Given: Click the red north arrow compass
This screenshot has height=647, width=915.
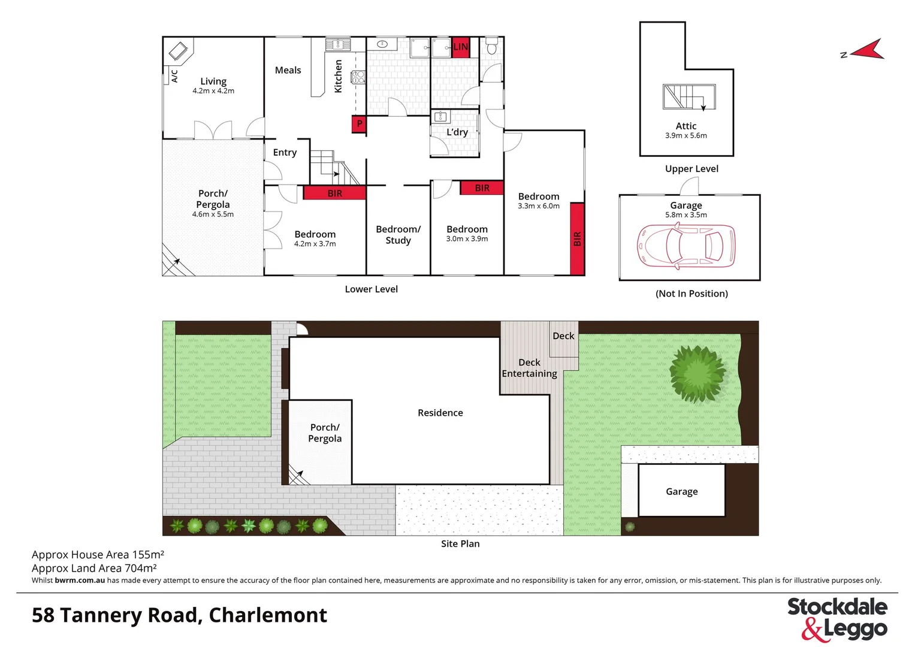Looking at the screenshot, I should [866, 51].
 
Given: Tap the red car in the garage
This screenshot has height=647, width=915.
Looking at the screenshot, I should [686, 246].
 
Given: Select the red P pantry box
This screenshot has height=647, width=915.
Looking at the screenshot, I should [359, 124].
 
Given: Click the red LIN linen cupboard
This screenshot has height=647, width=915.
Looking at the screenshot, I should [460, 47].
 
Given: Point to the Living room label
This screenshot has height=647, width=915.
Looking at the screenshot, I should [213, 81].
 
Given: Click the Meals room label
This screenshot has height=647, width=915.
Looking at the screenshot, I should [288, 70].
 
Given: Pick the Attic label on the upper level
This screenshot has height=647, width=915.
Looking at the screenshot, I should [686, 126].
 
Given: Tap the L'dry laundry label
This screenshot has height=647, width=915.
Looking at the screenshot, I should [457, 132].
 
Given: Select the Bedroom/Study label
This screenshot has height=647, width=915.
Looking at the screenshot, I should [398, 235].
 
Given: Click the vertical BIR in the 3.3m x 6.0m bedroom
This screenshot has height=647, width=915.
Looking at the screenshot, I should [577, 239].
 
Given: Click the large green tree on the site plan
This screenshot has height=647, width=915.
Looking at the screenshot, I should [697, 373].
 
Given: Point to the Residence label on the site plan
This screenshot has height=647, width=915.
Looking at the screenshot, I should [440, 413].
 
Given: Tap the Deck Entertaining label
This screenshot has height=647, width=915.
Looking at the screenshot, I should [529, 368].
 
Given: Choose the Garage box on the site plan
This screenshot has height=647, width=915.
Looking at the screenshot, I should [682, 491].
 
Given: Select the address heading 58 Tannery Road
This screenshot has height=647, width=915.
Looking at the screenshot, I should [179, 615].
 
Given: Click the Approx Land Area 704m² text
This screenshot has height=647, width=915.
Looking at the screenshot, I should [94, 568].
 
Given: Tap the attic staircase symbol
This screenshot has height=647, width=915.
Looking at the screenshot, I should [689, 97].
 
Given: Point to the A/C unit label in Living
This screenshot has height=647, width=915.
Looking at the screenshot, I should [174, 76].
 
